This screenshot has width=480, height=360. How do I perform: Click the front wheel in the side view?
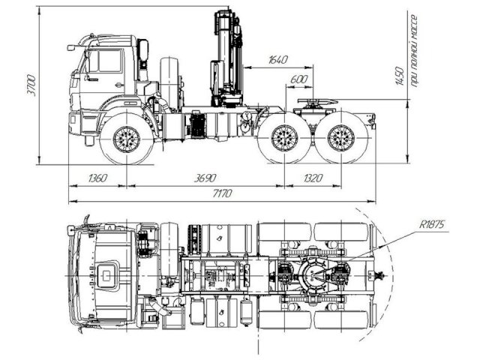point(126,139)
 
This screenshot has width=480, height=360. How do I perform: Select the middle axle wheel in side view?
point(284,138)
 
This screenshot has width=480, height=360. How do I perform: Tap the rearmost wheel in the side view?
point(341,138)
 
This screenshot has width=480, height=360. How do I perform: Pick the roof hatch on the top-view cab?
point(109,275)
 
